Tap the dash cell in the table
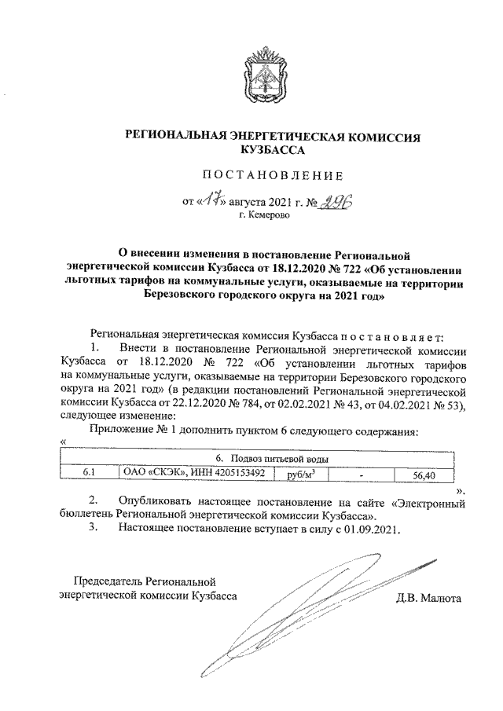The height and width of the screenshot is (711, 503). [x=361, y=474]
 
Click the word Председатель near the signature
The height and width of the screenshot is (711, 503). [x=108, y=582]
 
